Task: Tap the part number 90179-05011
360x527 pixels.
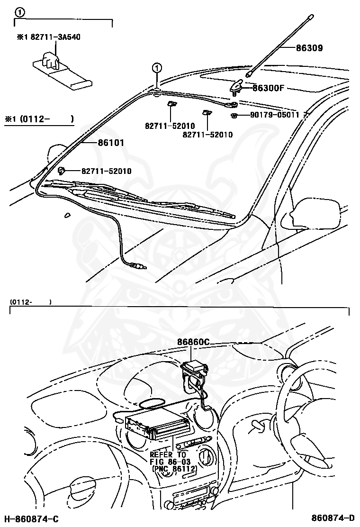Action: point(275,115)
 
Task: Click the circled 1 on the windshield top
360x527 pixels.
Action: point(157,68)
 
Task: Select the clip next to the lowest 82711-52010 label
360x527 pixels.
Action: point(61,171)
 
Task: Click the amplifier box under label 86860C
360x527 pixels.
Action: point(194,369)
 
